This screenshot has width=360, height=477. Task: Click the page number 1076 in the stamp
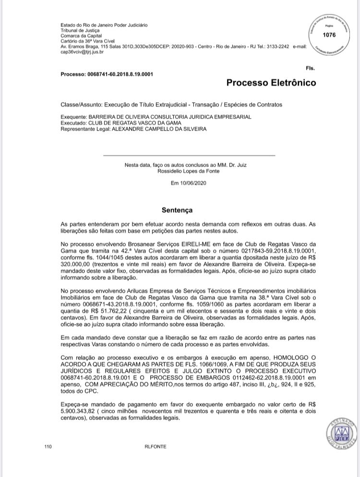[x=329, y=35]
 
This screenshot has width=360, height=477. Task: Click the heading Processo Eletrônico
[x=271, y=83]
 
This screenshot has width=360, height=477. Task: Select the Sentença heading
[x=177, y=210]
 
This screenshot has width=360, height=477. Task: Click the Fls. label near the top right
[x=310, y=69]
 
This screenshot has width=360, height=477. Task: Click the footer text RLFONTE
[x=155, y=447]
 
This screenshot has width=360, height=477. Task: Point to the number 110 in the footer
[x=48, y=447]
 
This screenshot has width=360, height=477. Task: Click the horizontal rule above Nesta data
[x=189, y=155]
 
